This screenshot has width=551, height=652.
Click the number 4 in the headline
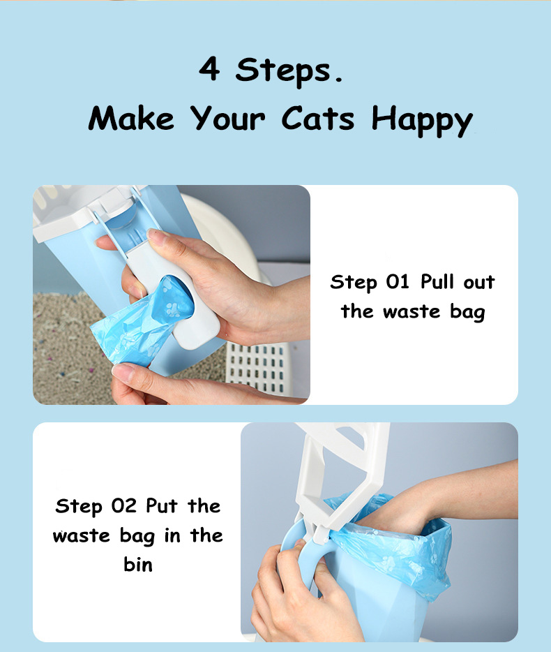coord(209,68)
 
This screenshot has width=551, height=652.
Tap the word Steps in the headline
coord(289,71)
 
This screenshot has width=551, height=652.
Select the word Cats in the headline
coord(318,118)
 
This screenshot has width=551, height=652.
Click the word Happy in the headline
coord(422,121)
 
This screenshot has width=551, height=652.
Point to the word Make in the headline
coord(131,118)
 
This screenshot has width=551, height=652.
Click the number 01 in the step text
coord(398,282)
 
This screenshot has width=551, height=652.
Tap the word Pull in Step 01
coord(437,281)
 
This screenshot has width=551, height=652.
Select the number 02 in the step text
coord(123,505)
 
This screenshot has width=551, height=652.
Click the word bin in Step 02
coord(138,564)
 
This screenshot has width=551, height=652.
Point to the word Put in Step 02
coord(162,505)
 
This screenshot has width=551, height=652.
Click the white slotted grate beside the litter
coord(259,368)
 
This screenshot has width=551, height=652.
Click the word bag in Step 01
coord(467,312)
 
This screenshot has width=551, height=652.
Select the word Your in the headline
coord(227,118)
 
